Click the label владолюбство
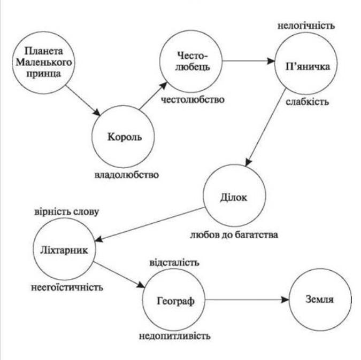[127, 175]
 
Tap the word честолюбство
[193, 100]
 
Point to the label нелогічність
[306, 26]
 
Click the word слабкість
[308, 101]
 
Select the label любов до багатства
[234, 235]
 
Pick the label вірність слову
[67, 212]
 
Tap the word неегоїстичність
[67, 287]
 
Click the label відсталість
[174, 263]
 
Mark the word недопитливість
[175, 336]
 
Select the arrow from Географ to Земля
[247, 300]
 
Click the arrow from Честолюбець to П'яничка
[249, 61]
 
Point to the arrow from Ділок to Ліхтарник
[150, 224]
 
